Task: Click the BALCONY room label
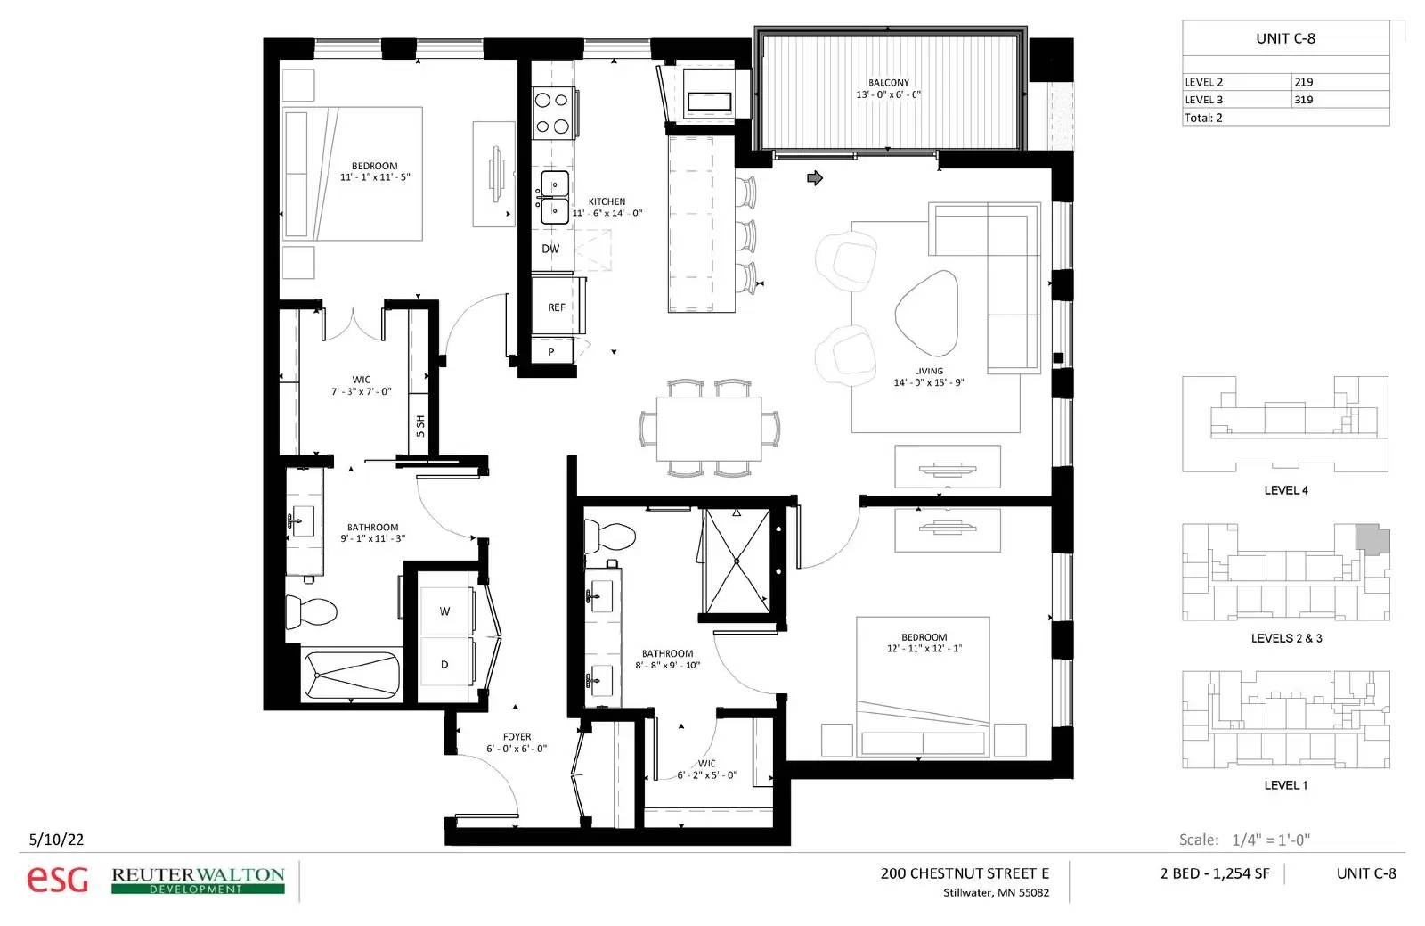888,83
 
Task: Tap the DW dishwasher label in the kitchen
550,249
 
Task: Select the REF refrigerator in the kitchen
558,306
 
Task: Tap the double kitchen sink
555,197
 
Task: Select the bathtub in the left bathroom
352,676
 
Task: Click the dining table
709,429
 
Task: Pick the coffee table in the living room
926,313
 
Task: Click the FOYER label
517,737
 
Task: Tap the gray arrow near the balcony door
815,178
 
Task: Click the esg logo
57,879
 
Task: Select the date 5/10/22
57,839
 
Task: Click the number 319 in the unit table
1304,100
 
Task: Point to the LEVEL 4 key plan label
1286,490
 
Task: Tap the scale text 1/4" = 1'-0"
1271,840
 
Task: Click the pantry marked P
552,351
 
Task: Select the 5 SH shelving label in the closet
419,426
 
